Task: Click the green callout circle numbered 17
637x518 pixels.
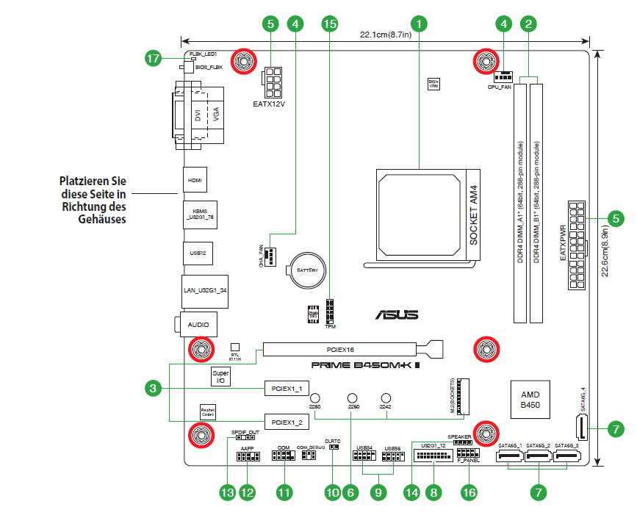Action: tap(153, 59)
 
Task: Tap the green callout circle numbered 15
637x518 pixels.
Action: tap(331, 24)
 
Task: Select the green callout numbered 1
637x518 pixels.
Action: tap(419, 24)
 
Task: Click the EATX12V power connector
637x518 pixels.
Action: tap(272, 83)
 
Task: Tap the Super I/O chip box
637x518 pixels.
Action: tap(221, 377)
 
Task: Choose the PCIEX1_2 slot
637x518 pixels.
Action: tap(286, 422)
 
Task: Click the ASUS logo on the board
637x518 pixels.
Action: tap(397, 314)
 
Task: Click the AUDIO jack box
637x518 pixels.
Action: tap(198, 324)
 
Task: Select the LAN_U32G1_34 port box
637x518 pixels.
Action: tap(205, 290)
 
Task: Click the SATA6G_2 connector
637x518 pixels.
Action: tap(539, 458)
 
